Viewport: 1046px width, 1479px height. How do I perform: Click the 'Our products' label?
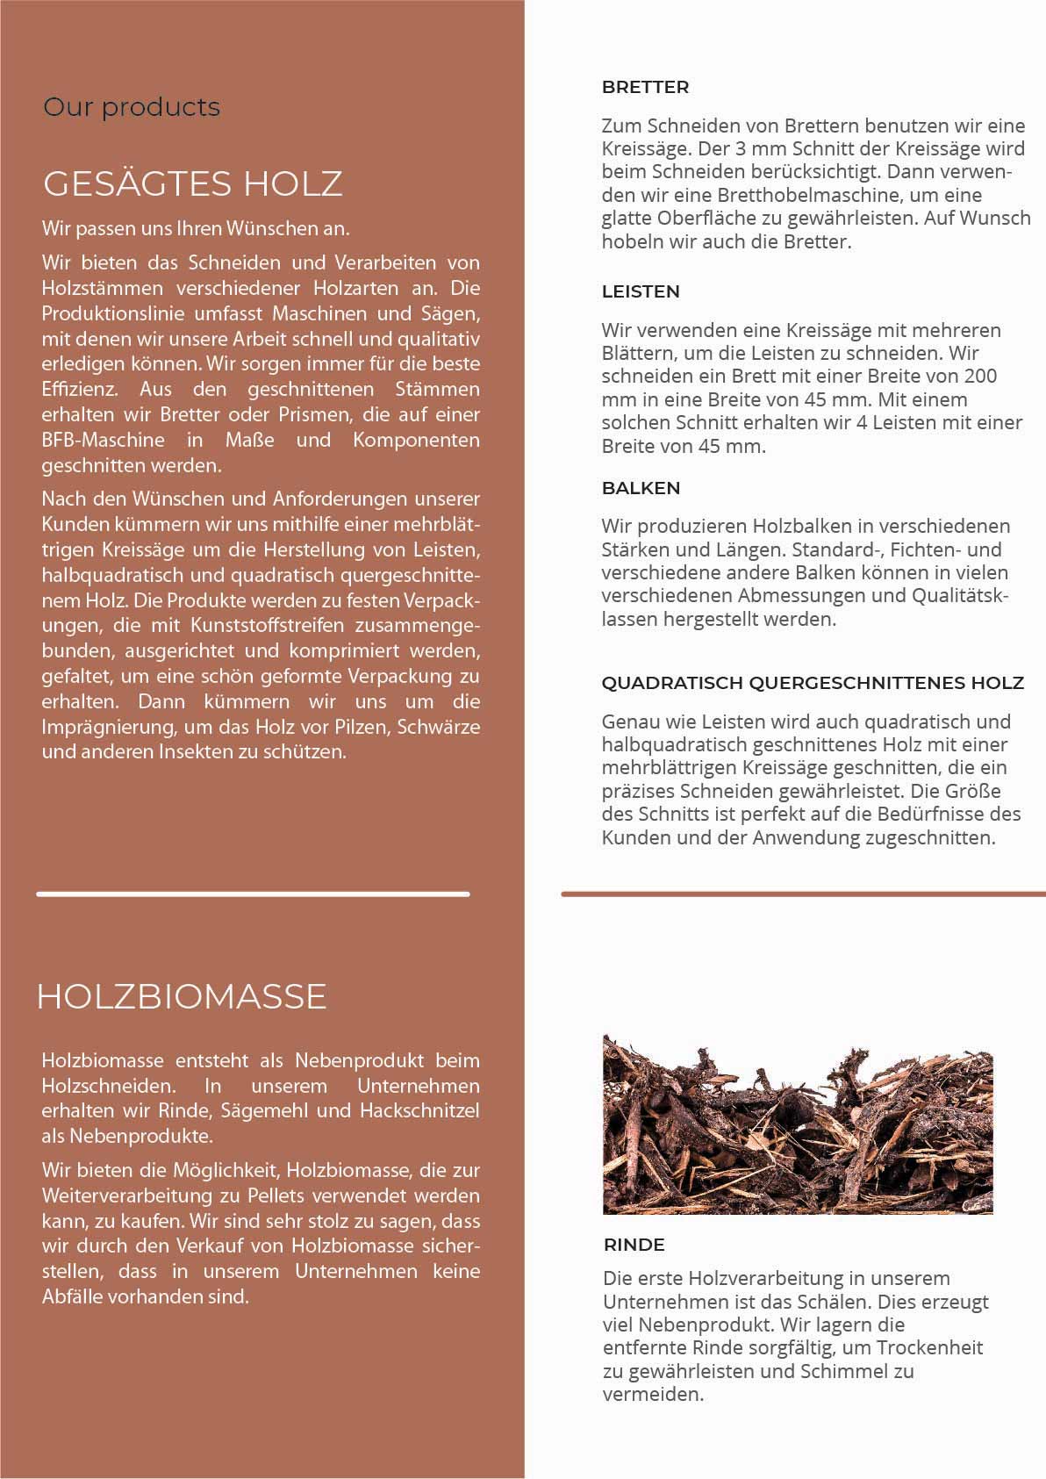click(x=132, y=108)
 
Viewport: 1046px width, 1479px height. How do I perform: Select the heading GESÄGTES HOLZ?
click(x=192, y=183)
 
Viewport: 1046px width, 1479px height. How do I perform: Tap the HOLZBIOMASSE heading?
click(x=182, y=996)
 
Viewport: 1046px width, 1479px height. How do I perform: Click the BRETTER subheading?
click(x=645, y=87)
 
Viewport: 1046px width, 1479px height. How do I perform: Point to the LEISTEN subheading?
click(x=641, y=291)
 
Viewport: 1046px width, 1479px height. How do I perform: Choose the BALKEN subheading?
click(x=641, y=488)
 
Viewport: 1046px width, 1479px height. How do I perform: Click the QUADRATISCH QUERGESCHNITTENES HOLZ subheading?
click(x=813, y=683)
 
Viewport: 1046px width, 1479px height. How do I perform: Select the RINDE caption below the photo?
click(x=634, y=1245)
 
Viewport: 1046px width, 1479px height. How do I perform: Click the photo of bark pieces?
click(x=797, y=1124)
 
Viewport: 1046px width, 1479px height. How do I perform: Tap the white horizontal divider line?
click(x=253, y=894)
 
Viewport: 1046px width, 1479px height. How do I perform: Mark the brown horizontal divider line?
click(x=803, y=894)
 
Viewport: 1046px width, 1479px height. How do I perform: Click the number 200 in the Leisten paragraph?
click(x=980, y=377)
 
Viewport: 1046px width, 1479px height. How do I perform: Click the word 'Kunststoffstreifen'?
click(x=269, y=626)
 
